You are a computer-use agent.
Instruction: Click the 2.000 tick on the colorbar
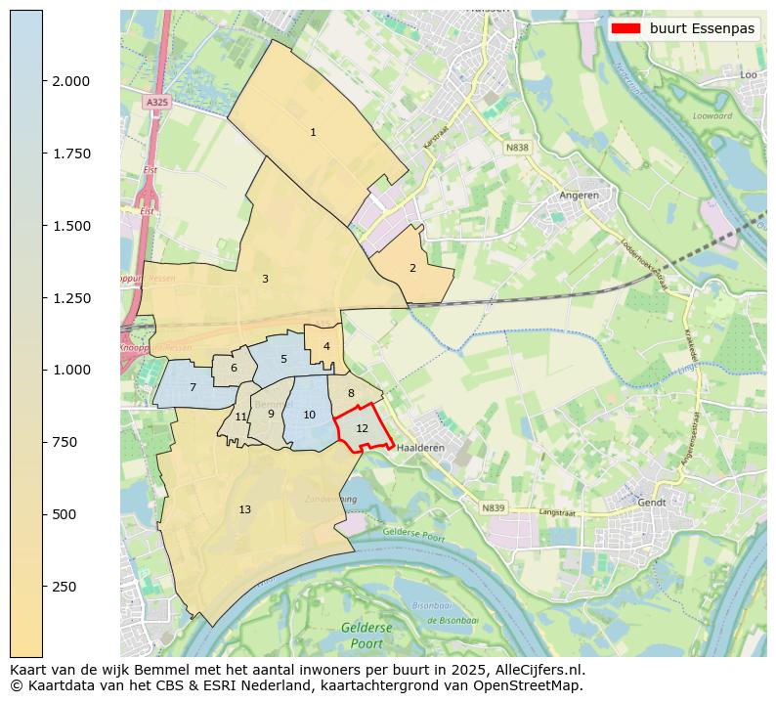click(x=43, y=81)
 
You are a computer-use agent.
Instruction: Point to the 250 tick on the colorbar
click(x=43, y=587)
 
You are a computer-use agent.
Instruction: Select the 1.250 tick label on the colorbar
click(x=70, y=298)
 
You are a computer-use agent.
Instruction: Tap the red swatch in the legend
click(x=625, y=28)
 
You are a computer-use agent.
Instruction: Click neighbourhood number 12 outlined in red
click(x=362, y=428)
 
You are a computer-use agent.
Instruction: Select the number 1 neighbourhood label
click(x=313, y=132)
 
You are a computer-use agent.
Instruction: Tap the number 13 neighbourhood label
click(x=244, y=509)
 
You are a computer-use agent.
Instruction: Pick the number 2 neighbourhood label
click(x=412, y=268)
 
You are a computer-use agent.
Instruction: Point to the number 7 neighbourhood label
click(x=193, y=388)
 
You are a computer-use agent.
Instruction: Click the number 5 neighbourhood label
click(x=283, y=359)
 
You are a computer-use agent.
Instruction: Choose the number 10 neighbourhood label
click(x=309, y=415)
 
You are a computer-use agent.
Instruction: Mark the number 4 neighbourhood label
click(x=326, y=346)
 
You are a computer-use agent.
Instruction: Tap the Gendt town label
click(x=652, y=502)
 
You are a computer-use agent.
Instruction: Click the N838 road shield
click(x=517, y=148)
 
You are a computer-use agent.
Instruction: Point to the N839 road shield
click(x=494, y=507)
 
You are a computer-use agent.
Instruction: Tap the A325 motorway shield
click(x=156, y=102)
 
